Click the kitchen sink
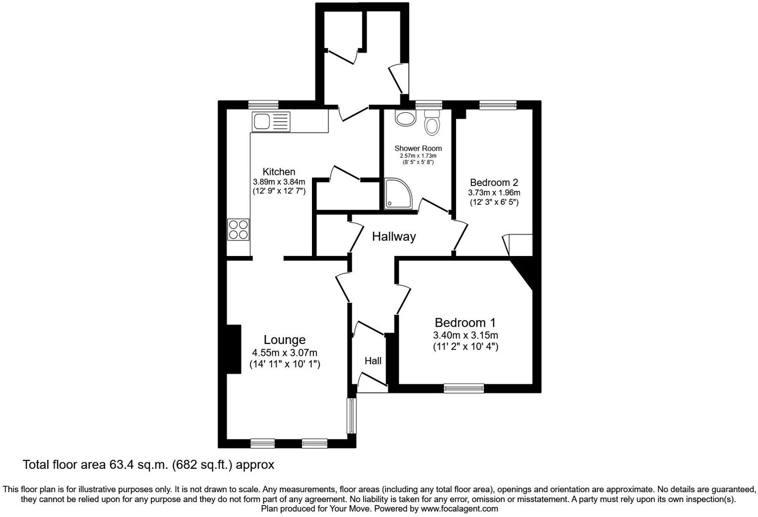271,121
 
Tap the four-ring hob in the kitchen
238,230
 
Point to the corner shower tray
398,193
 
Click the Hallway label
394,237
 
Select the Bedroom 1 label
465,323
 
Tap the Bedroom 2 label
494,182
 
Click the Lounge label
284,340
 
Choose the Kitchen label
279,172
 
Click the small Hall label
373,361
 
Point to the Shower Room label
418,148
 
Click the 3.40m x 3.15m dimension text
465,335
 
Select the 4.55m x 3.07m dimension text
285,353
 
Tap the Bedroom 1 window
463,388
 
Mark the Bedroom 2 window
498,104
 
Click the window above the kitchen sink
263,104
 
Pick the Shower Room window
429,104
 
